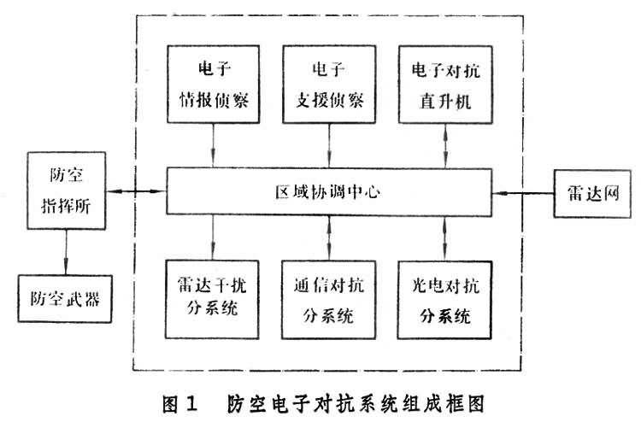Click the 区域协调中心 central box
click(328, 191)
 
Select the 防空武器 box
click(65, 298)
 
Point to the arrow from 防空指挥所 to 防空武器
click(65, 254)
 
